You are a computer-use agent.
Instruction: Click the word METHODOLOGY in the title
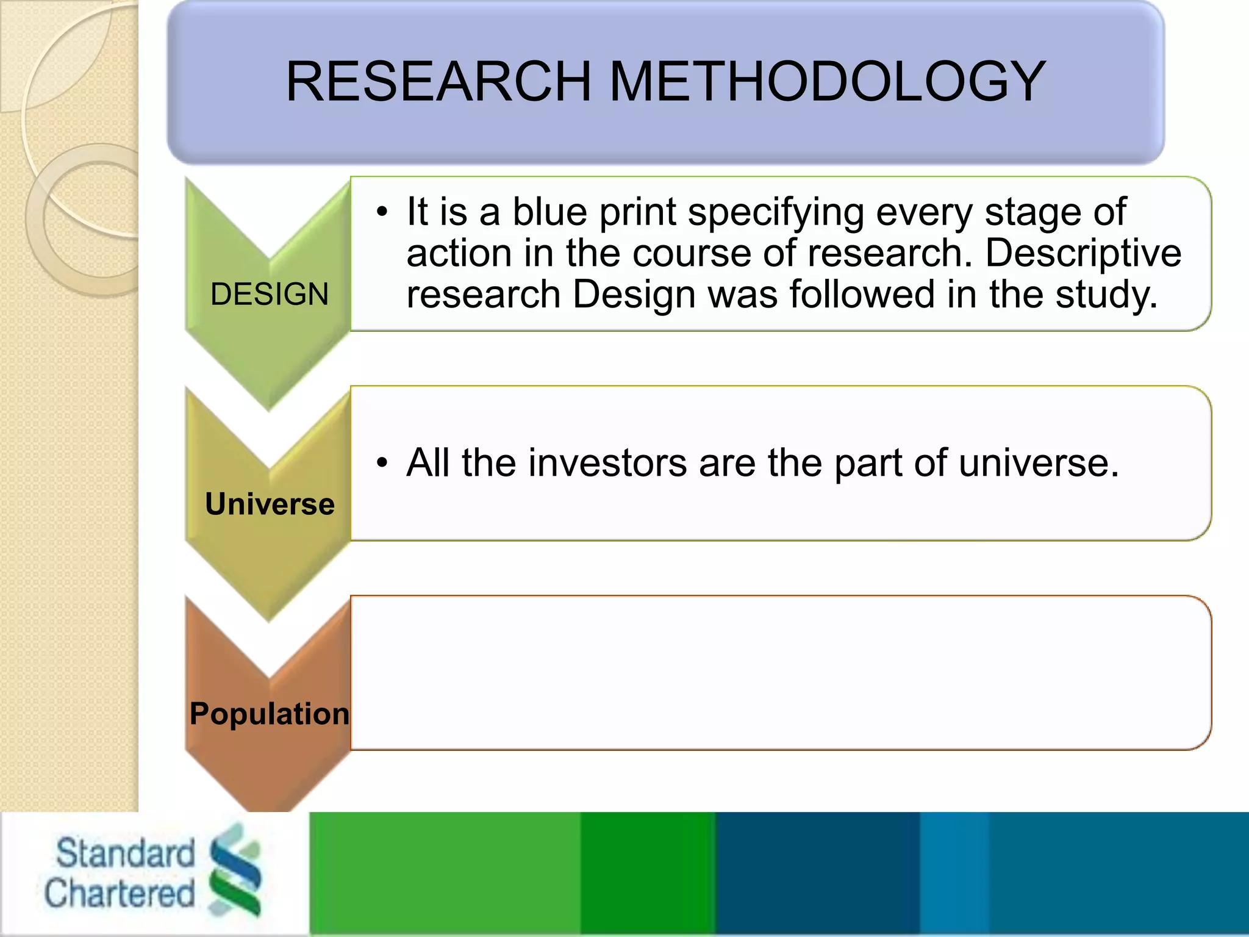click(x=828, y=82)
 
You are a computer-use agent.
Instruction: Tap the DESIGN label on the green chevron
click(x=269, y=295)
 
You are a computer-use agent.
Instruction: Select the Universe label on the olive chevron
click(x=270, y=504)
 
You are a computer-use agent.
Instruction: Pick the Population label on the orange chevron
click(x=270, y=714)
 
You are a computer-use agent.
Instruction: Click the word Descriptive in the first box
click(x=1083, y=253)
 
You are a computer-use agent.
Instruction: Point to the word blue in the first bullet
click(x=549, y=212)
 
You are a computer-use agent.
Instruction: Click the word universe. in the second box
click(x=1039, y=463)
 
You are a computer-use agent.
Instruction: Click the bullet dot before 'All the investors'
click(x=382, y=463)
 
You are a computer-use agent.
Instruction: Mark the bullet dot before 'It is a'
click(x=382, y=212)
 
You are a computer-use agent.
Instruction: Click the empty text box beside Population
click(x=781, y=673)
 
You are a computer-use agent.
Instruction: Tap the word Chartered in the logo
click(x=120, y=894)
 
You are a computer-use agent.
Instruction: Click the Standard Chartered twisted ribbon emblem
click(x=235, y=869)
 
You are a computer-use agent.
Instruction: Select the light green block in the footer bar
click(x=445, y=874)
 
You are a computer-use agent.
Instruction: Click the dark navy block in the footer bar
click(x=817, y=874)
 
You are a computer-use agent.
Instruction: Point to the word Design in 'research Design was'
click(x=634, y=295)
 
